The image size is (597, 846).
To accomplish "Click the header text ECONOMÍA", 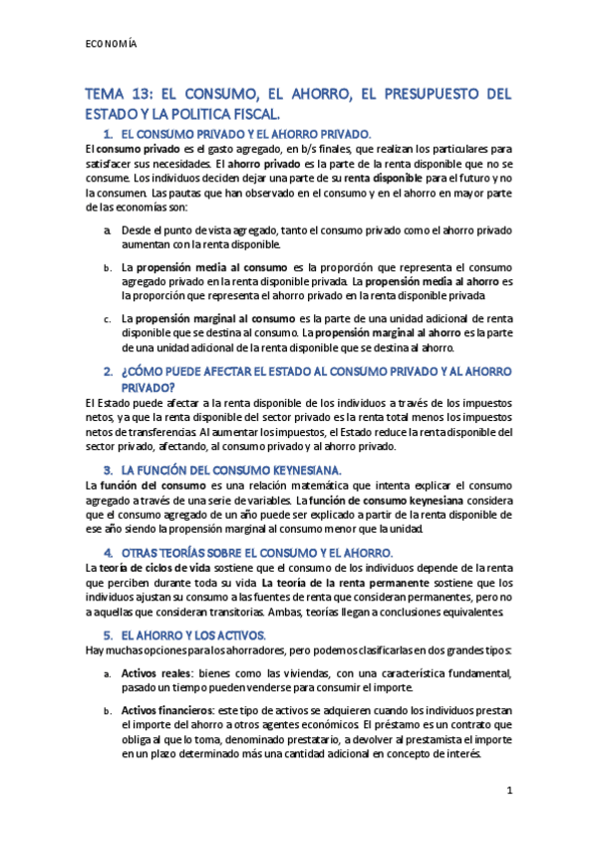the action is (111, 45).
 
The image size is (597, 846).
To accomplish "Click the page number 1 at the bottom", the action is (508, 791).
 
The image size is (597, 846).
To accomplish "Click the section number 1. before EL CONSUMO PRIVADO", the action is (108, 134).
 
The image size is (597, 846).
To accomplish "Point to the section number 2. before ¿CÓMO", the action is (108, 371).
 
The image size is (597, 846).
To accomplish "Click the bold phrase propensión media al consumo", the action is (208, 267).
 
